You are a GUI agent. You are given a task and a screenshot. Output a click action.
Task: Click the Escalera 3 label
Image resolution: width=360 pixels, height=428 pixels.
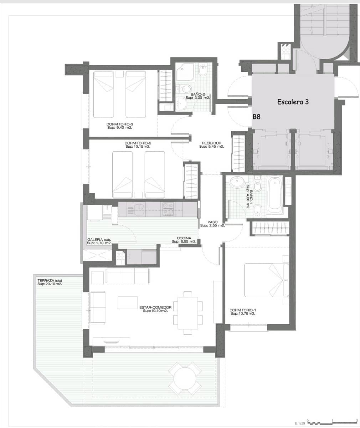click(x=293, y=102)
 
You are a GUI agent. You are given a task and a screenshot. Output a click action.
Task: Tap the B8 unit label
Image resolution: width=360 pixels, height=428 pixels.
click(x=257, y=117)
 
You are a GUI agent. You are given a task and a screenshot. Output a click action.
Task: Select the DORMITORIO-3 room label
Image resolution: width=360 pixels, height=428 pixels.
click(x=120, y=124)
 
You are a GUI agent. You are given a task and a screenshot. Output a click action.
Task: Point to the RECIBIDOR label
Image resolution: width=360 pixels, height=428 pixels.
click(x=211, y=143)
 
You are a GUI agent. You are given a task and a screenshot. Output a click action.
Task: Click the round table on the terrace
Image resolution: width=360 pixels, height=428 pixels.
click(x=185, y=378)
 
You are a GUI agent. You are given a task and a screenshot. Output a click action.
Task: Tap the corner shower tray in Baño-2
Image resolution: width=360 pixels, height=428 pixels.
click(x=185, y=72)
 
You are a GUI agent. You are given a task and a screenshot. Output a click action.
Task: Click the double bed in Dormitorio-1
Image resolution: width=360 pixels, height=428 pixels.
click(x=267, y=280)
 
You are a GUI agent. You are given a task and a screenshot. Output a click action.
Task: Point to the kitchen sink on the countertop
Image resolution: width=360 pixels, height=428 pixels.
click(x=139, y=209)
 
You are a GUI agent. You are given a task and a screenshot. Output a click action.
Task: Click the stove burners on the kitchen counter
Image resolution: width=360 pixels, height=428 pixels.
click(x=168, y=209)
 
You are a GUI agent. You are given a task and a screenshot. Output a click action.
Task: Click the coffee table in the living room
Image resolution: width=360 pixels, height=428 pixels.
click(x=128, y=302)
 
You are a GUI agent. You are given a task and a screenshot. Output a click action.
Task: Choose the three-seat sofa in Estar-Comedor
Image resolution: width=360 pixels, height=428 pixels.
click(x=128, y=276)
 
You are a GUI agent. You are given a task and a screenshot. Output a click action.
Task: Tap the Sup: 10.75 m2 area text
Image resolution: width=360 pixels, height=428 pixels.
click(x=243, y=314)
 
